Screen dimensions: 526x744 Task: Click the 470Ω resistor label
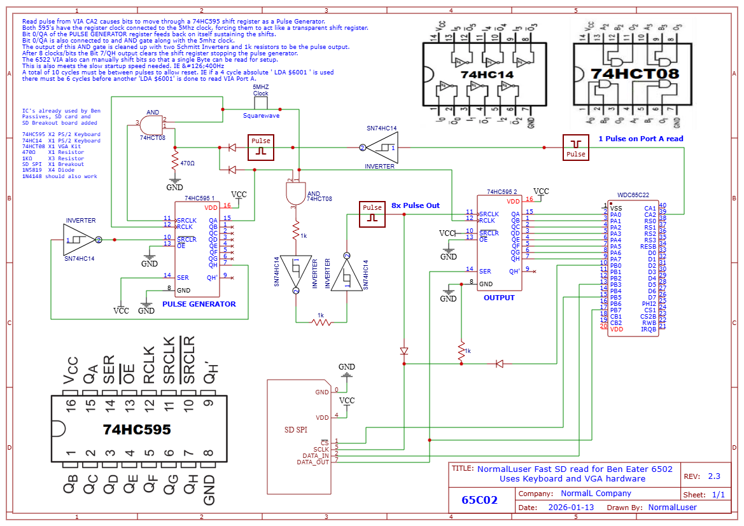[x=187, y=163]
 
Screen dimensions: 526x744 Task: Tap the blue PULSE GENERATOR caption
[x=199, y=304]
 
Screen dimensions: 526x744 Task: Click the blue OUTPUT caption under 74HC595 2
[x=499, y=298]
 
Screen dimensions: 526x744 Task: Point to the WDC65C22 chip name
[x=633, y=195]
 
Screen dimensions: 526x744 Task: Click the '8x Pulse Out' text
[x=415, y=206]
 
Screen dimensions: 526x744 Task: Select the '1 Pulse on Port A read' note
[x=640, y=139]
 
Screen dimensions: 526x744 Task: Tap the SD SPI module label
[x=295, y=430]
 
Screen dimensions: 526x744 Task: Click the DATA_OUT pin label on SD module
[x=312, y=462]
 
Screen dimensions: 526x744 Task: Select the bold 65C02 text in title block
[x=480, y=501]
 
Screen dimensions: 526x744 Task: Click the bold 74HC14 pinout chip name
[x=487, y=74]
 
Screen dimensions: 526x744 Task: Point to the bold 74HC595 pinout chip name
[x=137, y=430]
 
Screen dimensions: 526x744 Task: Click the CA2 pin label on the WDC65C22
[x=650, y=214]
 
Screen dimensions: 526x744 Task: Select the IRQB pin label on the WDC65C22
[x=649, y=329]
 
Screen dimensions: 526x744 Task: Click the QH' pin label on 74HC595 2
[x=514, y=271]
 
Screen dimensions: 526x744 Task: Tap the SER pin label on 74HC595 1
[x=183, y=276]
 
